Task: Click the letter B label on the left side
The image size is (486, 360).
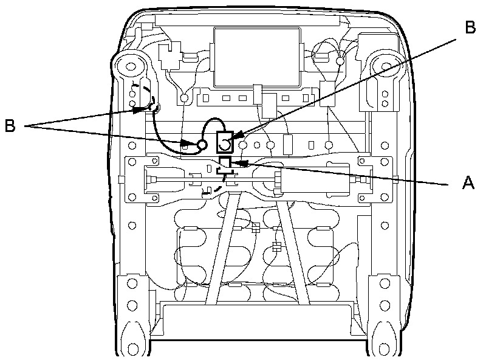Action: pyautogui.click(x=10, y=126)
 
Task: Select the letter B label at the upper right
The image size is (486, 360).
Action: pyautogui.click(x=470, y=27)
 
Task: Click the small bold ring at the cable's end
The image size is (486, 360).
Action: pyautogui.click(x=202, y=144)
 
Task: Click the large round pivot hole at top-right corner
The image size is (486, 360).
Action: pyautogui.click(x=385, y=63)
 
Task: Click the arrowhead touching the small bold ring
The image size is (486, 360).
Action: pyautogui.click(x=190, y=144)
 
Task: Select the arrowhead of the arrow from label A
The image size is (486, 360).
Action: pyautogui.click(x=238, y=163)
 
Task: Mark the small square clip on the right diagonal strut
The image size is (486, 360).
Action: pyautogui.click(x=276, y=247)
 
